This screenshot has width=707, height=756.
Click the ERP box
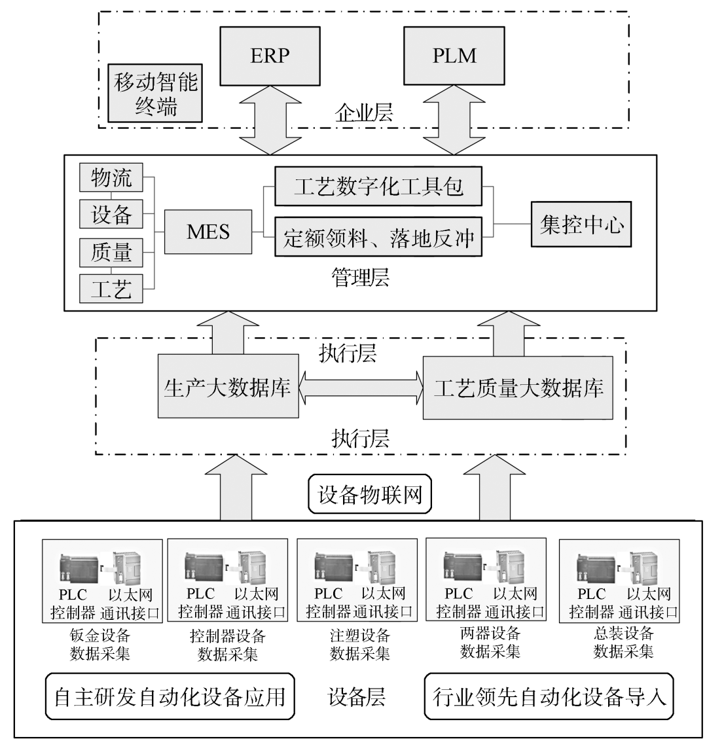270,56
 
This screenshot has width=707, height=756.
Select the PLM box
454,56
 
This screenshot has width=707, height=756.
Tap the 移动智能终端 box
156,94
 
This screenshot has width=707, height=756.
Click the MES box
208,232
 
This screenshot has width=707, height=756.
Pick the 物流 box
111,177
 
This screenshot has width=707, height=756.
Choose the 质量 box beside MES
111,252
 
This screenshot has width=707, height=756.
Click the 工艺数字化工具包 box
378,187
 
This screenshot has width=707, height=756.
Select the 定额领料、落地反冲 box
378,237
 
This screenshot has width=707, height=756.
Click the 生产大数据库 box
227,388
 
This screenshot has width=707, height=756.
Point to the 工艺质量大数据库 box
518,388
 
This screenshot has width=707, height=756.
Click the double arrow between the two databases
361,388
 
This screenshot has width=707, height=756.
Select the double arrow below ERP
270,120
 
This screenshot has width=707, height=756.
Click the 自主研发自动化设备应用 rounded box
170,696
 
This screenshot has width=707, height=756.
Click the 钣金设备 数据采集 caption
100,644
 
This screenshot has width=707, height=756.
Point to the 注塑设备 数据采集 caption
360,644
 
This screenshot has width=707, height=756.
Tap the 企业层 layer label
364,113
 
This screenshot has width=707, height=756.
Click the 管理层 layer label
360,278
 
